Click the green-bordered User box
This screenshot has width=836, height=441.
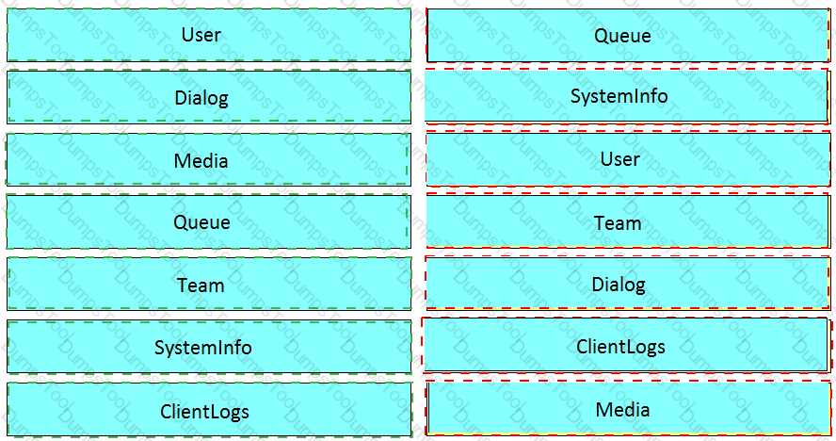click(209, 35)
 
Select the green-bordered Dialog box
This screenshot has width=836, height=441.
click(209, 97)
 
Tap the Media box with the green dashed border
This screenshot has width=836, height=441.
click(208, 159)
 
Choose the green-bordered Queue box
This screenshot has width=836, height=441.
click(208, 221)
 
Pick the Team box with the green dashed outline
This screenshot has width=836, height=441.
click(209, 284)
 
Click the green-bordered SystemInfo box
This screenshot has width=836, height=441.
click(209, 347)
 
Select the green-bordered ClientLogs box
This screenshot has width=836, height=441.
click(209, 410)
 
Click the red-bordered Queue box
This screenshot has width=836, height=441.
click(628, 35)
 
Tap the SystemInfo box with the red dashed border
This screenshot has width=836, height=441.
click(627, 97)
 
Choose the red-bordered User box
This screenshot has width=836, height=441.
click(628, 159)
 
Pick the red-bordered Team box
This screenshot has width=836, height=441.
click(628, 221)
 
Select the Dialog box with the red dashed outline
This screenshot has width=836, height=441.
click(628, 284)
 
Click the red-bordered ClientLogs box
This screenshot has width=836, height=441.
click(626, 346)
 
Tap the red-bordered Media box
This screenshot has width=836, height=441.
click(628, 409)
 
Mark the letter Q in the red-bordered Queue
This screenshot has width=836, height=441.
click(601, 37)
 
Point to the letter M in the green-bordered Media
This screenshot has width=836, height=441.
click(182, 161)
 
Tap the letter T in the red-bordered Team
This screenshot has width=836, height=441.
click(601, 222)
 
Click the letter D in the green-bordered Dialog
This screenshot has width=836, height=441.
click(181, 98)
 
